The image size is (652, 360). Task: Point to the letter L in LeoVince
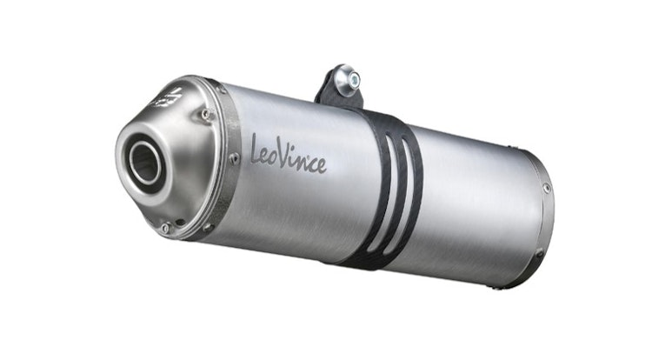(x=256, y=147)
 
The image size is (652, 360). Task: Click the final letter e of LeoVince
(x=321, y=166)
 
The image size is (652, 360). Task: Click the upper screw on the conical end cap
(x=205, y=113)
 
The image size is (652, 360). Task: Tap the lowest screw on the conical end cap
(x=165, y=228)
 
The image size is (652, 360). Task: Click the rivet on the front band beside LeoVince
(x=233, y=158)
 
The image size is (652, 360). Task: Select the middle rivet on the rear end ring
(x=547, y=188)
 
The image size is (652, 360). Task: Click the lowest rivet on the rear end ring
(x=538, y=252)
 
